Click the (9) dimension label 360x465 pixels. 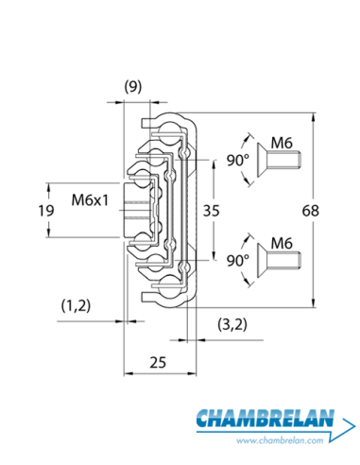(x=133, y=87)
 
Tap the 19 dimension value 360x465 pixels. (x=46, y=211)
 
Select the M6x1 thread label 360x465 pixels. (x=90, y=199)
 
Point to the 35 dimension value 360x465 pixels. (x=211, y=211)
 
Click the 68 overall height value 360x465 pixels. (x=310, y=211)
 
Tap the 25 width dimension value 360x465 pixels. (x=158, y=362)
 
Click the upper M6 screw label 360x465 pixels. (x=282, y=143)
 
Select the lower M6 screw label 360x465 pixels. (x=282, y=243)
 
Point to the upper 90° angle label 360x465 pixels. (x=238, y=160)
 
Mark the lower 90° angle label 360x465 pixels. (x=238, y=260)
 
